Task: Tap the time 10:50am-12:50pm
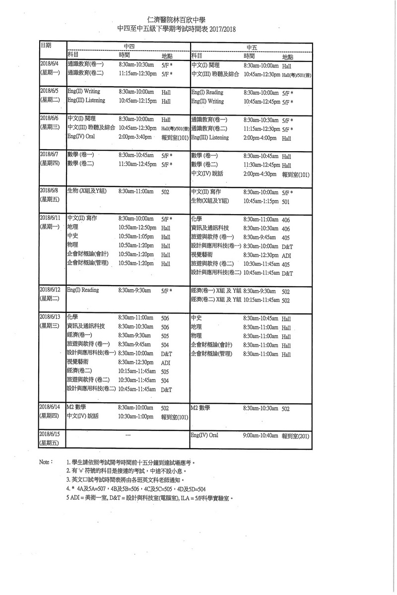pos(138,228)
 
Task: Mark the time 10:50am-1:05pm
pos(136,237)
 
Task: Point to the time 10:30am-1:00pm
pos(136,417)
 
